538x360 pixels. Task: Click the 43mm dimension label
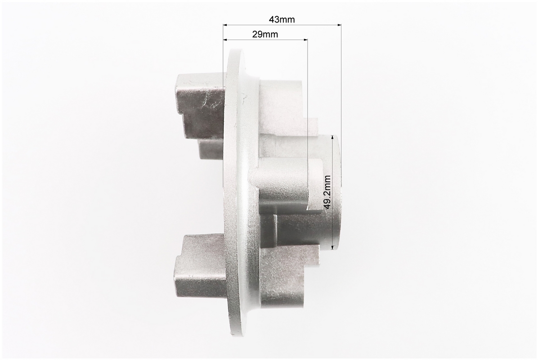click(281, 19)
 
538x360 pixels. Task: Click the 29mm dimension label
click(265, 34)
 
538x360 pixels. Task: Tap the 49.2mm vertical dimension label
click(327, 192)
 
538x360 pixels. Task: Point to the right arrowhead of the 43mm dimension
click(339, 25)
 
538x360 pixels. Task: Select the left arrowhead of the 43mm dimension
click(225, 25)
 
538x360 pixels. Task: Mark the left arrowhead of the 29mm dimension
click(225, 40)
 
